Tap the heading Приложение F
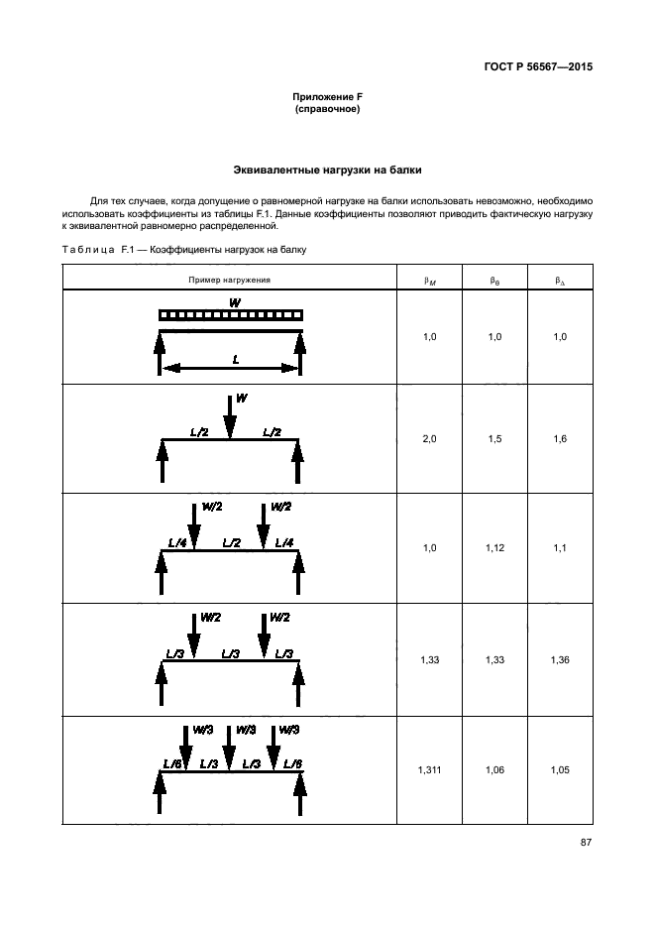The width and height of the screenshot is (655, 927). click(327, 96)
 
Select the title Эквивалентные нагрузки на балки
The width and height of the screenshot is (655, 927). click(327, 171)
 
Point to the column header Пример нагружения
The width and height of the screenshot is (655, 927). click(230, 281)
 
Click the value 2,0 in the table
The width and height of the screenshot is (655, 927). click(429, 438)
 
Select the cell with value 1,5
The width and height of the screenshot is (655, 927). click(494, 438)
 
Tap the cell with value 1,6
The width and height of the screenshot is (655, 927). click(560, 438)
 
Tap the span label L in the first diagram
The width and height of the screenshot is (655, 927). click(235, 360)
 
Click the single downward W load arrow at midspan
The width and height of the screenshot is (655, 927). click(230, 415)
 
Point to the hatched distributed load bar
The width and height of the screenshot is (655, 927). click(231, 315)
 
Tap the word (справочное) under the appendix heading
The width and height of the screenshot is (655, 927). click(327, 108)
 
